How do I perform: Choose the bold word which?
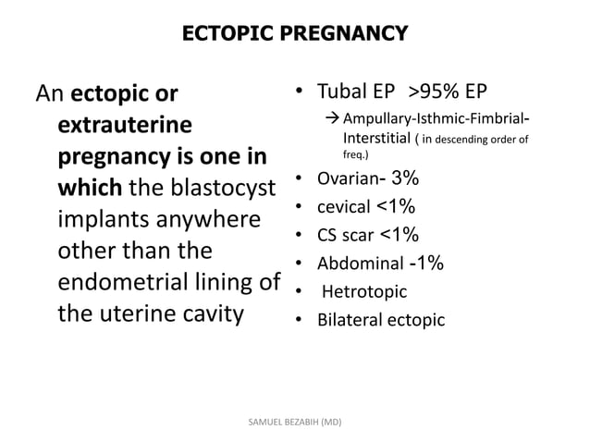[88, 189]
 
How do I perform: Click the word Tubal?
[341, 92]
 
